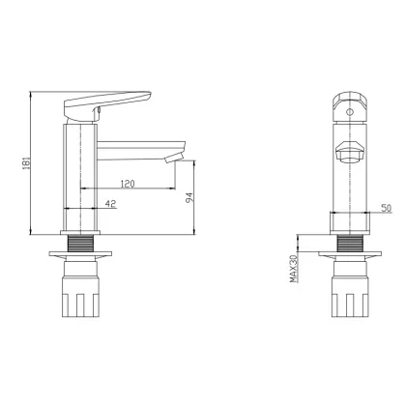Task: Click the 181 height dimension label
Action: pos(27,162)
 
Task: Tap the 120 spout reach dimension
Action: pos(128,184)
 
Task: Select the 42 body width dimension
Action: pos(110,204)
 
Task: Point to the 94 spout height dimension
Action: pos(189,198)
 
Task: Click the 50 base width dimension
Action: pos(387,208)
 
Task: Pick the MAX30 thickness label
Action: pos(293,269)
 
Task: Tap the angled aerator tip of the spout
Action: pos(174,158)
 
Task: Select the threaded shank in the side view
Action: pos(80,243)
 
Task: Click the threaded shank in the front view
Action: pos(350,243)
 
